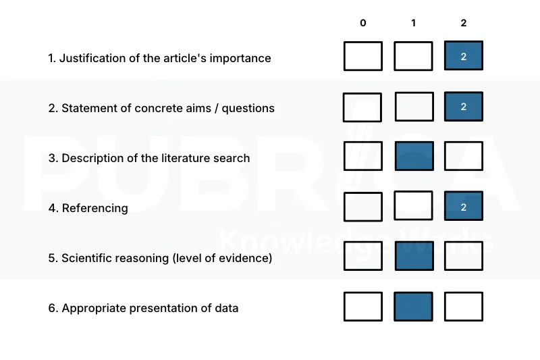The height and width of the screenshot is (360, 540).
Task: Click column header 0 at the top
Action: coord(363,23)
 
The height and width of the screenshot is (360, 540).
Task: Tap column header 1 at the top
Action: coord(413,23)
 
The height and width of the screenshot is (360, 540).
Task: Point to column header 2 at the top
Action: coord(464,23)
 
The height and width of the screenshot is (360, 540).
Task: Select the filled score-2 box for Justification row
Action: coord(464,56)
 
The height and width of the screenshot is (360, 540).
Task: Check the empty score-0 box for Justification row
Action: coord(363,56)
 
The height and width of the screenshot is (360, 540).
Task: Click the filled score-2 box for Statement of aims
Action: coord(464,107)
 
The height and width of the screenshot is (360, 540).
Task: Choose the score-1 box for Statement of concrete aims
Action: coord(414,107)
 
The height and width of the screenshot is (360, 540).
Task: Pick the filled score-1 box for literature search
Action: coord(414,156)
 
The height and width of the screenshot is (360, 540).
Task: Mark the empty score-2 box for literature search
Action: coord(464,156)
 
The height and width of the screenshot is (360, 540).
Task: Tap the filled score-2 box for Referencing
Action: coord(464,206)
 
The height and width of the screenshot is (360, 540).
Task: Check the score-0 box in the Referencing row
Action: coord(363,207)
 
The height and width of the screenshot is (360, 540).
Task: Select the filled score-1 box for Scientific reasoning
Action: coord(414,256)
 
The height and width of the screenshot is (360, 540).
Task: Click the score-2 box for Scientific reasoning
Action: coord(464,256)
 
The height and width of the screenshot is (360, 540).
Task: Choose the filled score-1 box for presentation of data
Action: coord(413,307)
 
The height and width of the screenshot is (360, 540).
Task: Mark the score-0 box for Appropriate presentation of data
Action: coord(363,307)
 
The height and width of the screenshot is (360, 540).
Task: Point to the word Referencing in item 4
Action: coord(94,209)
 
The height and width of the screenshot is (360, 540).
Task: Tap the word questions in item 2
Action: coord(248,109)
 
